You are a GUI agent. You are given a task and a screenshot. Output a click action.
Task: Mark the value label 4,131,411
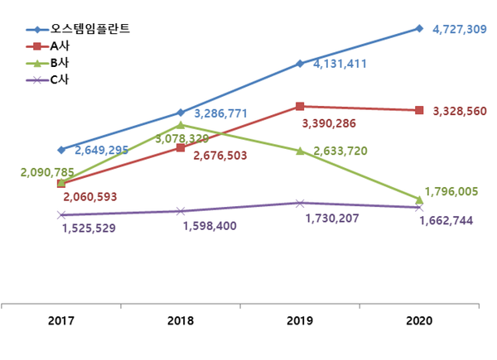(340, 64)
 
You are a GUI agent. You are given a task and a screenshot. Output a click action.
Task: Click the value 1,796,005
(451, 191)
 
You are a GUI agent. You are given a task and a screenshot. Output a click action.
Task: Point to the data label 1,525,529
(89, 228)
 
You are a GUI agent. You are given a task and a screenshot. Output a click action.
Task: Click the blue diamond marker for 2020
(419, 28)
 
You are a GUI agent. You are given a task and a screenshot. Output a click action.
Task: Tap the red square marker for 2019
(300, 106)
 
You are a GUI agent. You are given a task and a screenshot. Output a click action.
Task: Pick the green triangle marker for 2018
(181, 124)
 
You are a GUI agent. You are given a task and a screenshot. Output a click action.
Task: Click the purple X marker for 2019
(300, 203)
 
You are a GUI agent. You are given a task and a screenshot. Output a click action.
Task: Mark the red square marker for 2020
(419, 110)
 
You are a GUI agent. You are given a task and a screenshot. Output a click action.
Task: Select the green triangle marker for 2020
(419, 199)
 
